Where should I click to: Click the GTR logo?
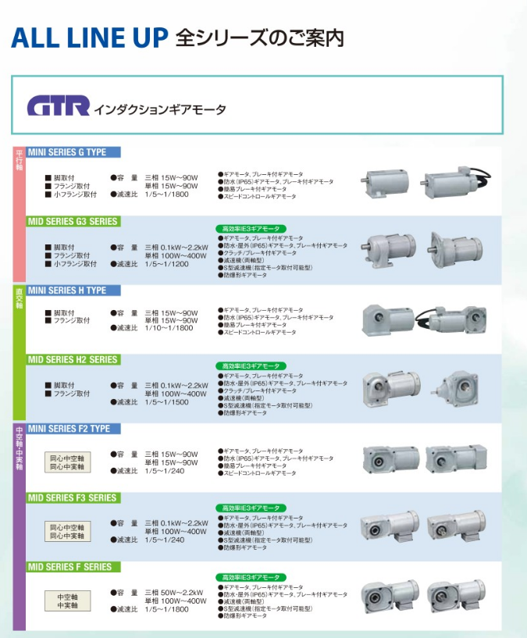(59, 105)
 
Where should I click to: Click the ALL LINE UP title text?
(90, 37)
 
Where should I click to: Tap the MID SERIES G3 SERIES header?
(74, 222)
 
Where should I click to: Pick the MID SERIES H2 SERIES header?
(74, 360)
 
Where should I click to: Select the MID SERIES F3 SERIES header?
(73, 497)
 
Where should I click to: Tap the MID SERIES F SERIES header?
(71, 567)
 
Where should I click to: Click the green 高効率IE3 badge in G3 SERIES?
(251, 228)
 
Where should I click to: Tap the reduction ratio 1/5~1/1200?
(166, 264)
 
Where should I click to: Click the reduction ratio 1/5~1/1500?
(166, 402)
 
